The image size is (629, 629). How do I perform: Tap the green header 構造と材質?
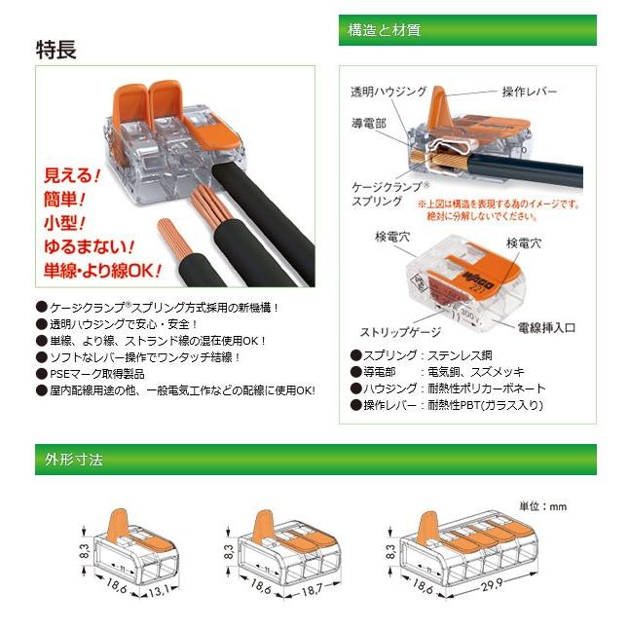point(384,30)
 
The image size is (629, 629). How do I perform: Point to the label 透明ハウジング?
point(388,92)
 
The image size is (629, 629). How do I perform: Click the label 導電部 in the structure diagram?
point(369,124)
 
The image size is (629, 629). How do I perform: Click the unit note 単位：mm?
point(542,506)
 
